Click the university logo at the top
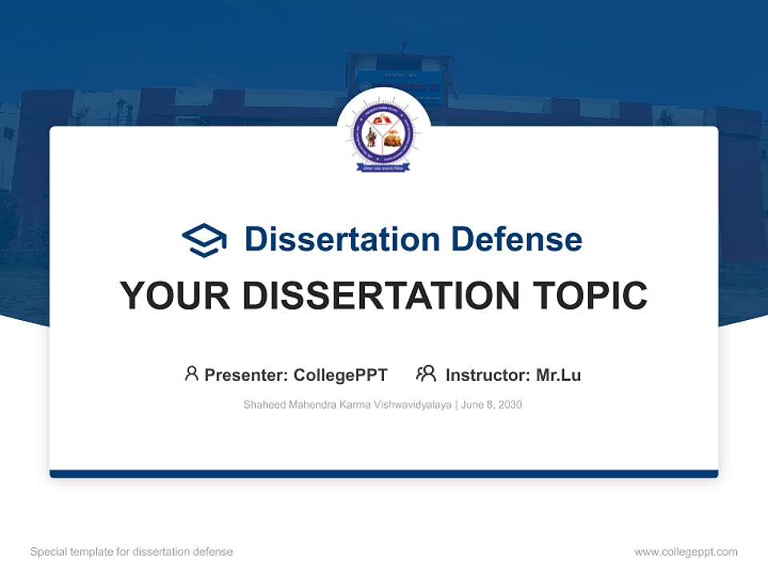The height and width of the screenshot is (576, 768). [x=383, y=135]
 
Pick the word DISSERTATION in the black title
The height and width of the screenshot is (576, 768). [x=381, y=296]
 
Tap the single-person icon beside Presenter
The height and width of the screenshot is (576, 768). [x=191, y=374]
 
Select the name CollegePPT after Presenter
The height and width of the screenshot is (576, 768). [x=341, y=375]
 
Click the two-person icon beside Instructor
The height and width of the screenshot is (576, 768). [x=426, y=374]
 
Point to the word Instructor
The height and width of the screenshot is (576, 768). [x=487, y=375]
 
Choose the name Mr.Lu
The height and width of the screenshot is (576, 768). [x=558, y=375]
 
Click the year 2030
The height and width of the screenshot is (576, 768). [x=509, y=405]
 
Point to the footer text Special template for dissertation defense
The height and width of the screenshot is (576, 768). [x=131, y=552]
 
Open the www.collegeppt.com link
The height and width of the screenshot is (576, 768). [x=686, y=552]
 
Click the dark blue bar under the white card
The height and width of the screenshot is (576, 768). [x=383, y=474]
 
